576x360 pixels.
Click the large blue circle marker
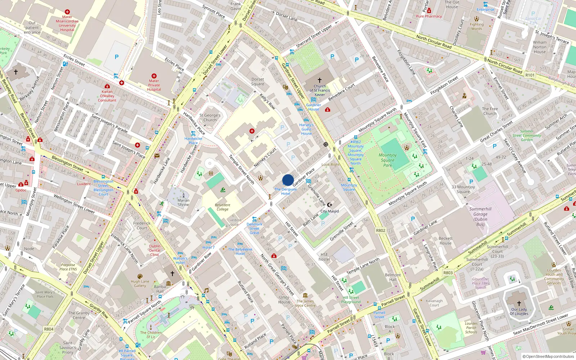pyautogui.click(x=288, y=180)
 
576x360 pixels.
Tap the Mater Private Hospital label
pyautogui.click(x=154, y=85)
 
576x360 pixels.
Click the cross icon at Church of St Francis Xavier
pyautogui.click(x=319, y=80)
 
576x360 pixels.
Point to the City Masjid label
pyautogui.click(x=329, y=211)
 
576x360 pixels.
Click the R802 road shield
pyautogui.click(x=381, y=230)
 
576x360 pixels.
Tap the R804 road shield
pyautogui.click(x=49, y=329)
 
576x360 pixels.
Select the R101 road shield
pyautogui.click(x=530, y=75)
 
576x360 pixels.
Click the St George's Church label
pyautogui.click(x=210, y=118)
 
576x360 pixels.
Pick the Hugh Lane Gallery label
pyautogui.click(x=140, y=284)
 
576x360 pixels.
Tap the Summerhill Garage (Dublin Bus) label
pyautogui.click(x=480, y=216)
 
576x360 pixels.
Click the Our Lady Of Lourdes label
pyautogui.click(x=519, y=311)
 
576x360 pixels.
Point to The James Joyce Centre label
pyautogui.click(x=305, y=303)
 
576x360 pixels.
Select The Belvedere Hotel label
pyautogui.click(x=240, y=251)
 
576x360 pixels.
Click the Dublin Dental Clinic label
pyautogui.click(x=155, y=250)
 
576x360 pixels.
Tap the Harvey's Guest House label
pyautogui.click(x=306, y=129)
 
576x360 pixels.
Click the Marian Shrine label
pyautogui.click(x=183, y=202)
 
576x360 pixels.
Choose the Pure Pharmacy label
pyautogui.click(x=429, y=16)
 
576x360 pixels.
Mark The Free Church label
pyautogui.click(x=490, y=111)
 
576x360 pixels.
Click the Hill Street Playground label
pyautogui.click(x=351, y=300)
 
